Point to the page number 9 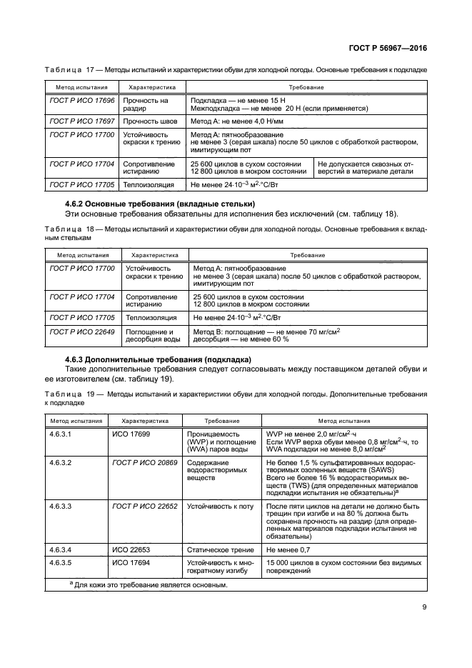(x=424, y=607)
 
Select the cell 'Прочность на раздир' (x=146, y=105)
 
